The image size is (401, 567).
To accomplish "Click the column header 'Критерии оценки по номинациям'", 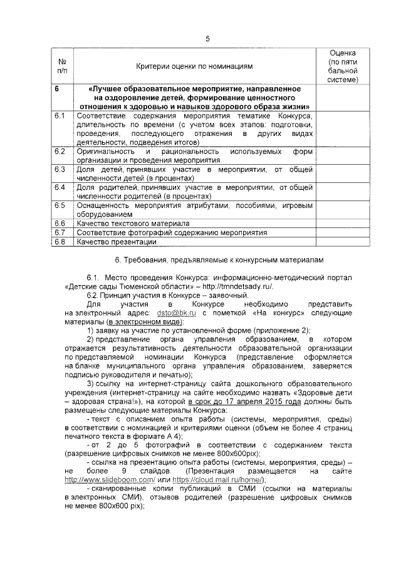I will (194, 66).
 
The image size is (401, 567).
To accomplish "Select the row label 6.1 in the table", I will (60, 117).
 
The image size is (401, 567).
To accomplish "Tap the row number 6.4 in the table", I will (60, 187).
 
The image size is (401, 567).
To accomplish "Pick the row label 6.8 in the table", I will (60, 242).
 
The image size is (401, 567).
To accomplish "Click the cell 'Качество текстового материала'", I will (133, 223).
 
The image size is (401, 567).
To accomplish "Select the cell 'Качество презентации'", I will (116, 242).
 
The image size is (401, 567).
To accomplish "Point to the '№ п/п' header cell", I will (62, 66).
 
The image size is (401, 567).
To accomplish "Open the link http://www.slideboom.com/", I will (110, 479).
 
